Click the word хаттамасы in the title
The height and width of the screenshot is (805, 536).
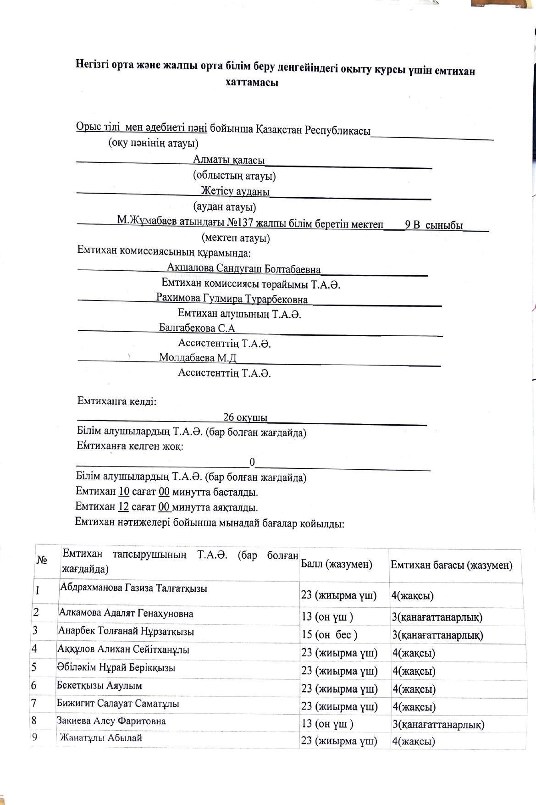click(x=252, y=83)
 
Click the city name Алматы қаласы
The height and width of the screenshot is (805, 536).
click(x=229, y=160)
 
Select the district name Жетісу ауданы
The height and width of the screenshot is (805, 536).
click(x=235, y=191)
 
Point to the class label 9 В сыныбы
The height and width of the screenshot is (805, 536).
click(x=434, y=225)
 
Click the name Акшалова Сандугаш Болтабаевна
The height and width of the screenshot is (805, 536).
click(x=244, y=269)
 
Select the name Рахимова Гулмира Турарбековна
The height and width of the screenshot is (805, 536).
click(x=232, y=299)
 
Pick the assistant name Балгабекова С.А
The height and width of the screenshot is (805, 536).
click(x=197, y=328)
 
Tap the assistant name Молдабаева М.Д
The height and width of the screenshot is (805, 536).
click(x=198, y=357)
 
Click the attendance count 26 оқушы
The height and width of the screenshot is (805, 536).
click(x=245, y=417)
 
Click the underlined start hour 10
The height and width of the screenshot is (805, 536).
click(x=124, y=492)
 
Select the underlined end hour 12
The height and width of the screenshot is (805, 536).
click(x=123, y=507)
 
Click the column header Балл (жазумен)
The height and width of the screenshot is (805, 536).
click(x=336, y=564)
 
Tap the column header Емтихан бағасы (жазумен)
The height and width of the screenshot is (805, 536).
click(x=451, y=565)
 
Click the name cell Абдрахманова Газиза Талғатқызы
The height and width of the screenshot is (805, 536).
click(x=133, y=588)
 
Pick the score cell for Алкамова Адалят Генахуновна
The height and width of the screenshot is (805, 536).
click(x=327, y=616)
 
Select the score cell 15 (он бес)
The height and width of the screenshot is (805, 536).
click(x=329, y=635)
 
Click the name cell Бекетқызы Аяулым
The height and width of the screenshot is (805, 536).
click(x=99, y=686)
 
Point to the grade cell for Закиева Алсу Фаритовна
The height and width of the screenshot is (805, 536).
click(x=438, y=725)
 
